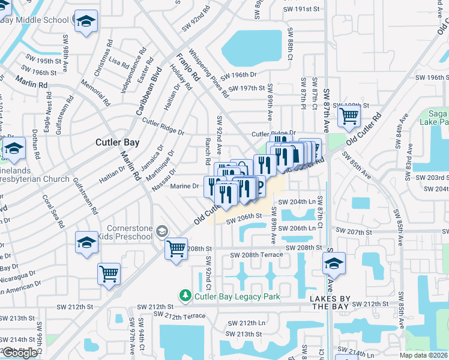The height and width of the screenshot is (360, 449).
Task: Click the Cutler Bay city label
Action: (x=118, y=143)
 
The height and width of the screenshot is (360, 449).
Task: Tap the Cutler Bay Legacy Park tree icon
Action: (x=185, y=296)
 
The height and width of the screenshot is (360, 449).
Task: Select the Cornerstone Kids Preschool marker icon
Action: (x=161, y=231)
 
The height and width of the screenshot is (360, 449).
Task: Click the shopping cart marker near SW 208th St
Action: (x=176, y=247)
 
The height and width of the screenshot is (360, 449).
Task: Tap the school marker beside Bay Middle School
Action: (x=86, y=21)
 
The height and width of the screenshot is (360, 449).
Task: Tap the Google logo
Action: (x=19, y=353)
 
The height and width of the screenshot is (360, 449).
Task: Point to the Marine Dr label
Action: (x=184, y=187)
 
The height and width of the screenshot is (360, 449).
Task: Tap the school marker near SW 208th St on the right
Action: (x=334, y=263)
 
